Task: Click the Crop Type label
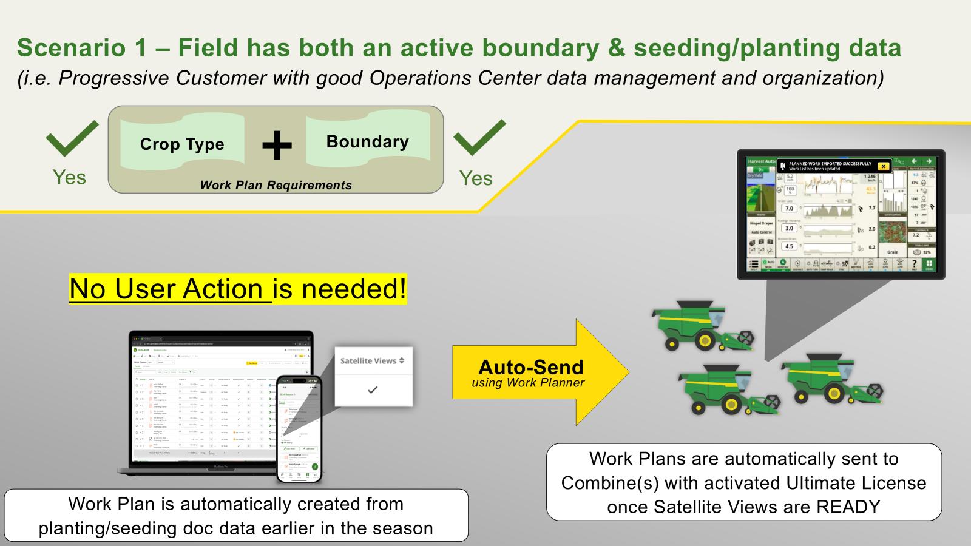click(x=182, y=144)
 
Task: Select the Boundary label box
click(x=368, y=142)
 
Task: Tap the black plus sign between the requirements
click(x=277, y=146)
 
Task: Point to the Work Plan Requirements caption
click(x=276, y=186)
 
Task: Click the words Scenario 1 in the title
click(x=82, y=49)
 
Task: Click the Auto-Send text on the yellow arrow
click(x=530, y=367)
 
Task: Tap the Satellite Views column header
click(x=372, y=361)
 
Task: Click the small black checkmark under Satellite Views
click(x=373, y=390)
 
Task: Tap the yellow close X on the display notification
click(x=884, y=166)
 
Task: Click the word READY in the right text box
click(x=848, y=507)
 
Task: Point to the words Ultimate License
click(x=856, y=483)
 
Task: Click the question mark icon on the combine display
click(x=914, y=265)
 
